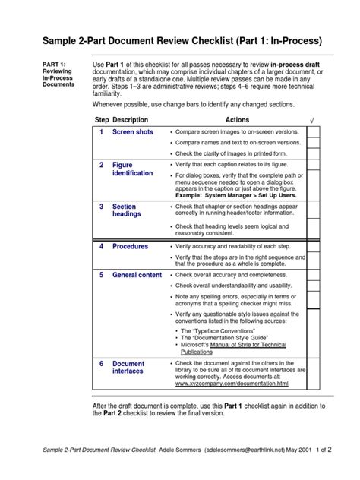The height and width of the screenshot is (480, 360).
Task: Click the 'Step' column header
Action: (x=102, y=120)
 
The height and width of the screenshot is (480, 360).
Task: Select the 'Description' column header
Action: (x=130, y=120)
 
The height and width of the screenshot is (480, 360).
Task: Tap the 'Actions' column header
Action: (x=237, y=120)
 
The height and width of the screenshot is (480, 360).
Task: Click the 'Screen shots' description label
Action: (x=133, y=132)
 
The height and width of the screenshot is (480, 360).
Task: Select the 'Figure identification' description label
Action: (x=132, y=169)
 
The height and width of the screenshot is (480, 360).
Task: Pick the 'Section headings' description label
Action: (x=127, y=210)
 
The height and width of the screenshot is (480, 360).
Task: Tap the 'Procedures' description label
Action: (x=131, y=246)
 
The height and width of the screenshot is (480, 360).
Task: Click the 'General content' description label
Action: (x=137, y=275)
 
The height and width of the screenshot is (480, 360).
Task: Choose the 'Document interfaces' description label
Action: (x=128, y=368)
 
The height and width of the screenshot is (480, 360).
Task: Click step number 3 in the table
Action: (x=101, y=206)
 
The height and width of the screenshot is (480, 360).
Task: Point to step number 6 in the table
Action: (x=101, y=364)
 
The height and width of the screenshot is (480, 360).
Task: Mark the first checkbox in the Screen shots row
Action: (x=313, y=131)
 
